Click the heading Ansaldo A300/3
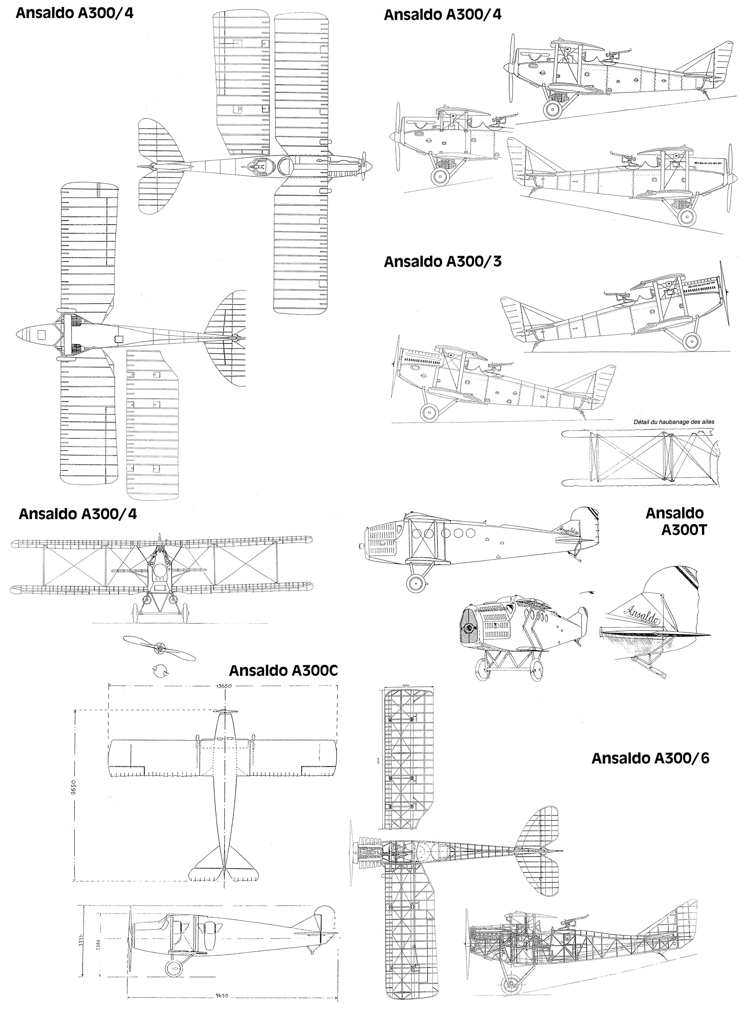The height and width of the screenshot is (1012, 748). [x=442, y=262]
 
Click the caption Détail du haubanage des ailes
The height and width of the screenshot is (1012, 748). [x=674, y=422]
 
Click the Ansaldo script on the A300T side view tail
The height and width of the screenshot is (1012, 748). [x=569, y=529]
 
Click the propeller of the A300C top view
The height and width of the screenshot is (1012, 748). [x=225, y=711]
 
